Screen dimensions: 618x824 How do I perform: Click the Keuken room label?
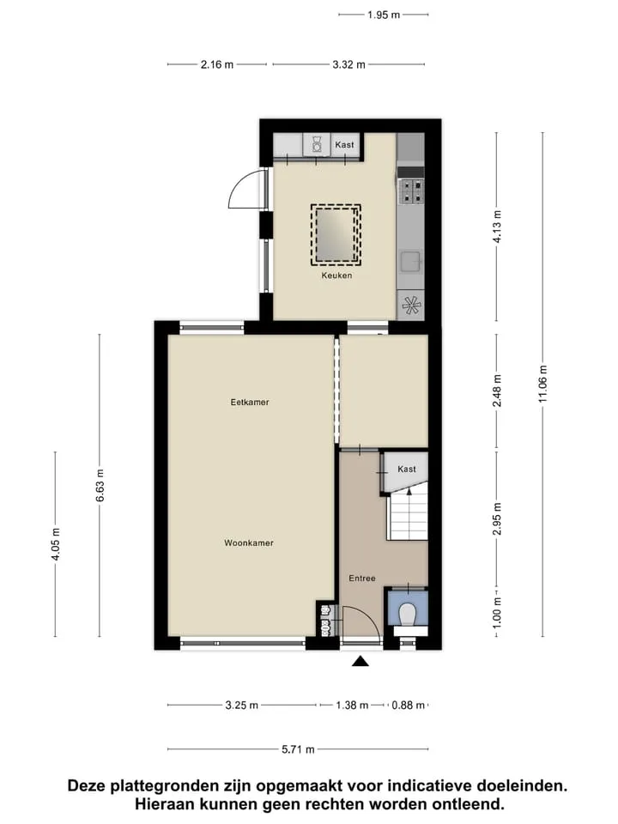336,276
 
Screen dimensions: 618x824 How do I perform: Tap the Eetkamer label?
250,402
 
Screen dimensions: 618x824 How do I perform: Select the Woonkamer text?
249,542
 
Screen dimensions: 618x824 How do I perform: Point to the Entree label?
362,578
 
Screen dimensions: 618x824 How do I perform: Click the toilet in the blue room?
407,615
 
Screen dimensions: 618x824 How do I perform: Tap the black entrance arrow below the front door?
360,661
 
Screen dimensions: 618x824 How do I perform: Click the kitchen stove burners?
411,191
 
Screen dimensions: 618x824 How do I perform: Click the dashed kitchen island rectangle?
336,234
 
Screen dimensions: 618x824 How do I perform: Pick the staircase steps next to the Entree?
408,518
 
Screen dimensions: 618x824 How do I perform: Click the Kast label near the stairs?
407,469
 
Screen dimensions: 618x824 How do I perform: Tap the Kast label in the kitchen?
345,144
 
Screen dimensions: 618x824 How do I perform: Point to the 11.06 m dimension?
542,385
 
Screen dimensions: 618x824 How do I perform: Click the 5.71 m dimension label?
298,749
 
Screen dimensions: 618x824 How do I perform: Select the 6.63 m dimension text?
100,485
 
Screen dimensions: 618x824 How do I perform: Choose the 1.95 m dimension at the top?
384,15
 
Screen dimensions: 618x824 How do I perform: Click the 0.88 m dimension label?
409,706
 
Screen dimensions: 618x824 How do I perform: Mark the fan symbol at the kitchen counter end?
411,305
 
